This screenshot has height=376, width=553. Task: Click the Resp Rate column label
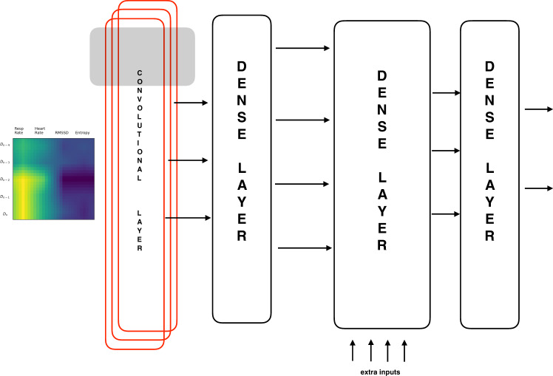point(19,130)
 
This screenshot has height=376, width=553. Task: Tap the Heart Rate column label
point(40,130)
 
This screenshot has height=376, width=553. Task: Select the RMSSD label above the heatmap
point(62,132)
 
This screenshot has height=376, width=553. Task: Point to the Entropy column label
point(82,132)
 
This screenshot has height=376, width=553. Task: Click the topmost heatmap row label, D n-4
point(5,144)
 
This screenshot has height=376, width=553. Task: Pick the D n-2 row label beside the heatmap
point(5,180)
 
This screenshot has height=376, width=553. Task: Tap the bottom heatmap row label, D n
point(5,214)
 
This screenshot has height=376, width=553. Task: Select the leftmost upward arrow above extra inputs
point(353,349)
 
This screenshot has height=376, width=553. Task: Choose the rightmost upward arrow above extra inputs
point(404,349)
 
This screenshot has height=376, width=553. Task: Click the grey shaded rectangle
point(142,55)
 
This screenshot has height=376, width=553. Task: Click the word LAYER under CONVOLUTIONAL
point(139,230)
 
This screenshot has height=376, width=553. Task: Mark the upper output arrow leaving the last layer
point(537,109)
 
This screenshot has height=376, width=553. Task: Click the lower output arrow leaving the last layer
point(537,189)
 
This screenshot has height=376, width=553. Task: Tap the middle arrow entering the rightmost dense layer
point(445,151)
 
